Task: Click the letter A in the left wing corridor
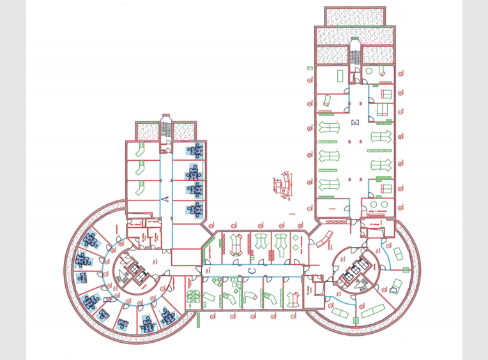165,200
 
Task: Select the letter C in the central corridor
252,271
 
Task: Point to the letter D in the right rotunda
393,290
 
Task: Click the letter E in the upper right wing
356,122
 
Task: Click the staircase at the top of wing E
355,51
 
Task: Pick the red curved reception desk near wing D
326,239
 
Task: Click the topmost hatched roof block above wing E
355,16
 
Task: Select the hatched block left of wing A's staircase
148,131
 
